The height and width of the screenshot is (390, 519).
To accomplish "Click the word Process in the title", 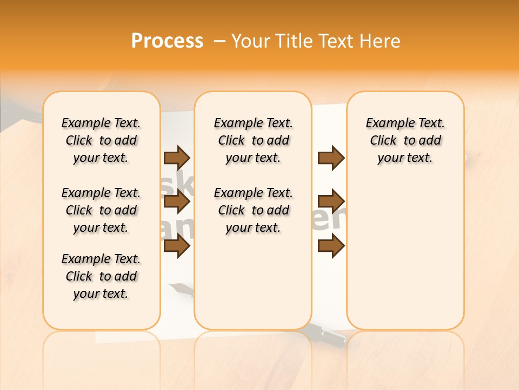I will click(167, 41).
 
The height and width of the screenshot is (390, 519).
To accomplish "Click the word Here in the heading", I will click(381, 41).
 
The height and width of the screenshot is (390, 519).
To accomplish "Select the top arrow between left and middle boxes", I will click(177, 158).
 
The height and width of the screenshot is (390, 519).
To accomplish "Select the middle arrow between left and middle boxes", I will click(177, 202).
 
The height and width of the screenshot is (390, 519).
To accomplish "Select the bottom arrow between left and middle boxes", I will click(177, 246).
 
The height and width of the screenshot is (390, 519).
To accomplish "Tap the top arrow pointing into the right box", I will click(331, 158).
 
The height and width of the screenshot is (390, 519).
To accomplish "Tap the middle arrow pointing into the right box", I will click(331, 201).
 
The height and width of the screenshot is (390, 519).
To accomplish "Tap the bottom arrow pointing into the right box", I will click(331, 246).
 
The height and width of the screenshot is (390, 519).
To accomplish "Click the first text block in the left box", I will click(101, 140).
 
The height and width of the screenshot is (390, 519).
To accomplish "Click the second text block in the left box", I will click(101, 210).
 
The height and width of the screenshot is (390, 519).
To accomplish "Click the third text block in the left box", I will click(101, 276).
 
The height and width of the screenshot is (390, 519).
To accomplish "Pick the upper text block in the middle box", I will click(253, 140).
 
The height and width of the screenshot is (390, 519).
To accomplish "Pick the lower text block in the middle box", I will click(253, 210).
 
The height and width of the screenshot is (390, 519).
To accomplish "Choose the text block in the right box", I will click(405, 140).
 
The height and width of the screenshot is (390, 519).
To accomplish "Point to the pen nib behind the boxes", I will click(177, 287).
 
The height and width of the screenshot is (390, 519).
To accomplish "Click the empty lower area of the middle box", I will click(253, 282).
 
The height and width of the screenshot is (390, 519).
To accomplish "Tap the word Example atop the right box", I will click(385, 123).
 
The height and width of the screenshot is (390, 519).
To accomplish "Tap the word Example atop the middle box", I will click(234, 123).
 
